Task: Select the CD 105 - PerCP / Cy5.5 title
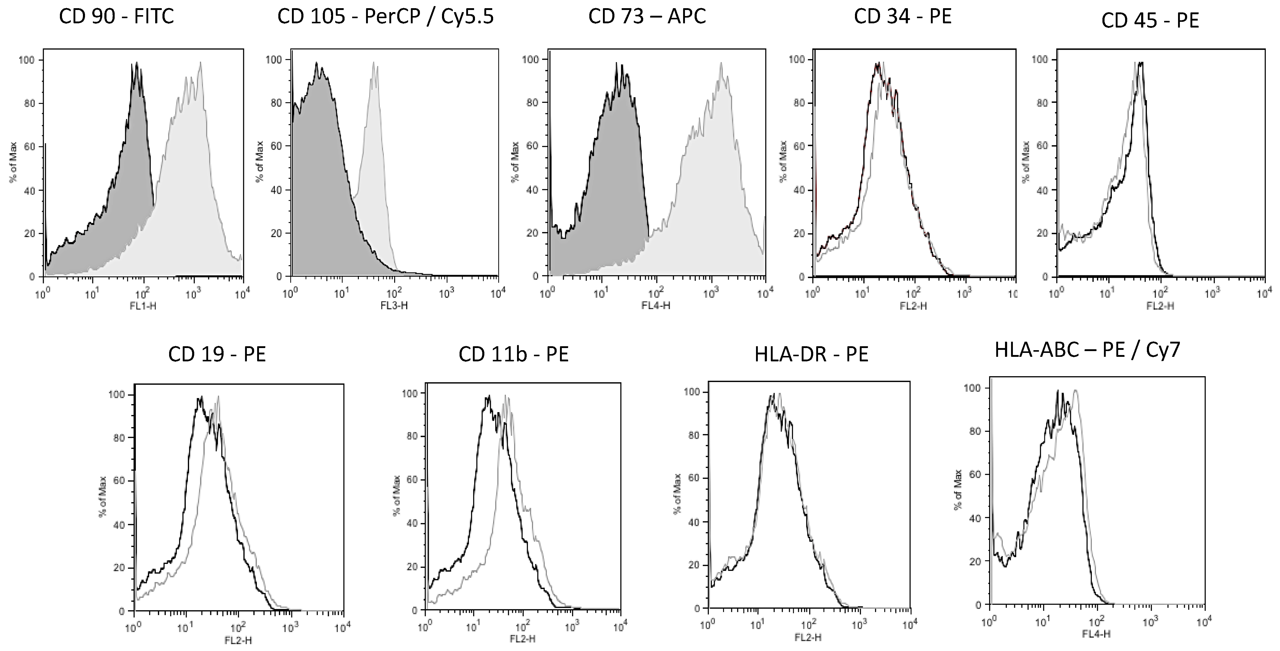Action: [x=386, y=17]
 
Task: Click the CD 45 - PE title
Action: [x=1150, y=20]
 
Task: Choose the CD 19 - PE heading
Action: [x=217, y=354]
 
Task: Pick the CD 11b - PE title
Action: [x=514, y=354]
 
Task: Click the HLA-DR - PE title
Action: [x=811, y=354]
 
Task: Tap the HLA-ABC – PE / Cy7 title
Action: [x=1087, y=350]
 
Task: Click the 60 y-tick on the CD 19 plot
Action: [x=120, y=481]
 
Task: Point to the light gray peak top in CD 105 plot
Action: [x=374, y=62]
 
